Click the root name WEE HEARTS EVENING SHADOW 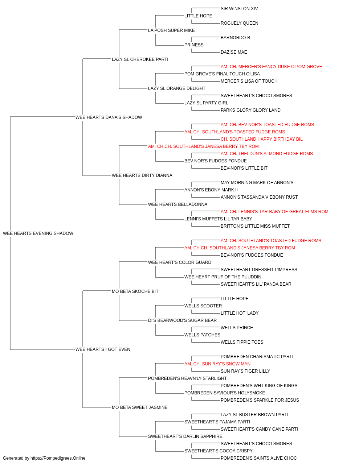[38, 233]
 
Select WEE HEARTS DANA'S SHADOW [109, 117]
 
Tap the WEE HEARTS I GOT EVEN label [103, 349]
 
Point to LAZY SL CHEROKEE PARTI [140, 59]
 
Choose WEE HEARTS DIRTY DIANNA [142, 175]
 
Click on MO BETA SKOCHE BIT [135, 291]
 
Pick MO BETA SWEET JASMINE [140, 407]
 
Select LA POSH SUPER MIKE [171, 30]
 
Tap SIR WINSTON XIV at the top [239, 9]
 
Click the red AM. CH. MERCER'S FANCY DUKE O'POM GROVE [271, 67]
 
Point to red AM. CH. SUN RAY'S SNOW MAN [217, 364]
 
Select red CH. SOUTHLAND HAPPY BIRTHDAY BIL [262, 139]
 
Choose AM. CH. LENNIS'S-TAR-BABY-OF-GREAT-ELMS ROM [274, 212]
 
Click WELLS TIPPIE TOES [242, 342]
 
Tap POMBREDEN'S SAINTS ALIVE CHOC [259, 458]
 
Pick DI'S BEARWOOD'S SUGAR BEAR [182, 320]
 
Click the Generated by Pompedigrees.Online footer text [44, 458]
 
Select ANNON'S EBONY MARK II [211, 190]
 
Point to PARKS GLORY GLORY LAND [250, 110]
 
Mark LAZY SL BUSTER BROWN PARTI [254, 415]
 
